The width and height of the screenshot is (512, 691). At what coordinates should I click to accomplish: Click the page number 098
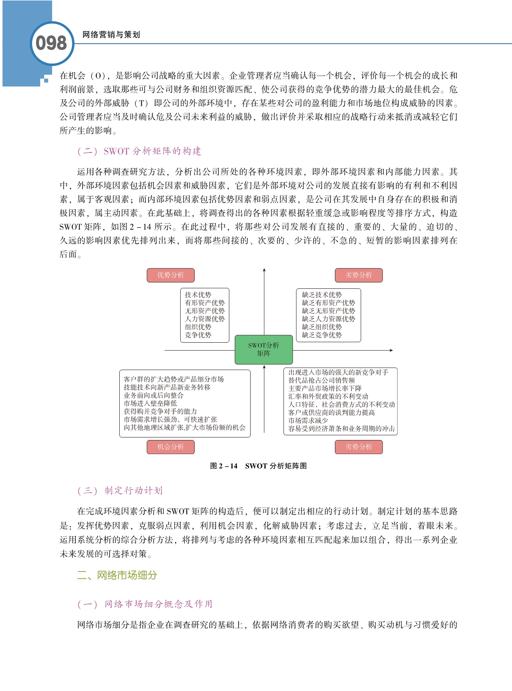51,43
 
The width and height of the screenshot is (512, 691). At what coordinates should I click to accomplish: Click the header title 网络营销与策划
111,35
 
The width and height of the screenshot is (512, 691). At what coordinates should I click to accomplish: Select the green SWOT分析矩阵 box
263,349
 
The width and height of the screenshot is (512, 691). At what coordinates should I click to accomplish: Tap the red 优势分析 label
171,275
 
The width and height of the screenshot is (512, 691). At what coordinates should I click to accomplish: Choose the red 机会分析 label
171,447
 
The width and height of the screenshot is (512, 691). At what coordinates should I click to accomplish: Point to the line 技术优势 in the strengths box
198,295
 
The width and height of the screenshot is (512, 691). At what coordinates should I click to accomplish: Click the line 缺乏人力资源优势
328,319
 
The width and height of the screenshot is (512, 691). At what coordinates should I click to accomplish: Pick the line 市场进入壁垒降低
150,403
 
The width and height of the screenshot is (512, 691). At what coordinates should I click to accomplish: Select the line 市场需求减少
308,420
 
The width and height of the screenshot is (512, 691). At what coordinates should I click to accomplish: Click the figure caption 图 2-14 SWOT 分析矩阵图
258,466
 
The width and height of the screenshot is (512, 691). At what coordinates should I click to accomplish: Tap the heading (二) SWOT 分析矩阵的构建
139,151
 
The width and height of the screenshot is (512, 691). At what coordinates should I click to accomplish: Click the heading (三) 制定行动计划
120,491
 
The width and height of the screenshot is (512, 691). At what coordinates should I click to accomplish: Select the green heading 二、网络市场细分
117,575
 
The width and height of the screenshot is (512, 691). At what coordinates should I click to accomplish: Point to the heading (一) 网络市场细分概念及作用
145,604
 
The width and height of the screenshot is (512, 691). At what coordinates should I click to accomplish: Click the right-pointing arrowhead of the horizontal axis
391,350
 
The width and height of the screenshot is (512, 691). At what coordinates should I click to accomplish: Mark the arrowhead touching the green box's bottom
264,367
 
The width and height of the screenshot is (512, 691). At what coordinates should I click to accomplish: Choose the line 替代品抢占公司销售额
322,380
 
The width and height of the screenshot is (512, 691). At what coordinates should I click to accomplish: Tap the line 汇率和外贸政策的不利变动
328,396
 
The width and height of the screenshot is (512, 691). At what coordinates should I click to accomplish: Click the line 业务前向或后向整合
153,395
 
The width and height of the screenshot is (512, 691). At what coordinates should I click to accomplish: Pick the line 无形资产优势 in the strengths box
204,311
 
